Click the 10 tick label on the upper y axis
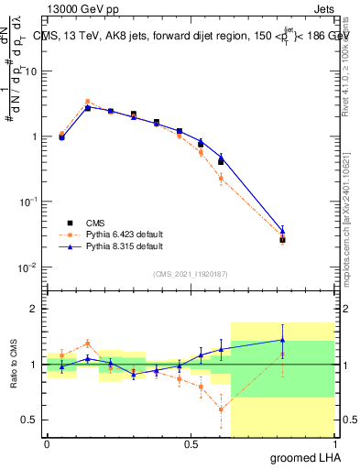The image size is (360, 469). tap(31, 71)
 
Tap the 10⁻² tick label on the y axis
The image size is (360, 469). tap(29, 267)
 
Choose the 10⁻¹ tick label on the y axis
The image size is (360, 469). tap(29, 202)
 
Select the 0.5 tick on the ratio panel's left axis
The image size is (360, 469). tap(29, 420)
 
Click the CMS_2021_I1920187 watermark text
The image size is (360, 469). tap(191, 273)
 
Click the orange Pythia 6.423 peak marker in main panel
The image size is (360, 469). tap(87, 102)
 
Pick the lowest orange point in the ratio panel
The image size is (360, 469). tap(221, 409)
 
